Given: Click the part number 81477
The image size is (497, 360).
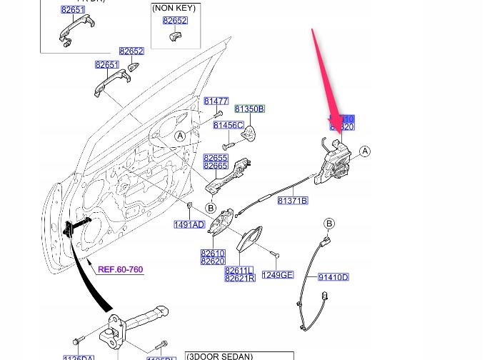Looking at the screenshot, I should pyautogui.click(x=216, y=101).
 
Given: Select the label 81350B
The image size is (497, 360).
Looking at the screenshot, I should pyautogui.click(x=250, y=109).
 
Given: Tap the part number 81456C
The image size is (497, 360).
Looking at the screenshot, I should pyautogui.click(x=229, y=126).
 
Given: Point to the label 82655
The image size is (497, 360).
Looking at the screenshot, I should pyautogui.click(x=215, y=158).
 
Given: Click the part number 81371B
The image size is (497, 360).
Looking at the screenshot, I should pyautogui.click(x=292, y=201).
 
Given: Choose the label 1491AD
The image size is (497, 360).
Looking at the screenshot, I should pyautogui.click(x=189, y=224).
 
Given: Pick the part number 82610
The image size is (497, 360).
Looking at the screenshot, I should pyautogui.click(x=213, y=254).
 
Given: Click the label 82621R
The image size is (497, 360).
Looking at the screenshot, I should pyautogui.click(x=239, y=278).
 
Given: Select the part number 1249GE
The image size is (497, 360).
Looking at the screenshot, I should pyautogui.click(x=277, y=275).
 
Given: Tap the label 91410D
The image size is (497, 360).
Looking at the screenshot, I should pyautogui.click(x=333, y=277).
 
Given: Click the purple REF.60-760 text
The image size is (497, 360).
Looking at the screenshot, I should pyautogui.click(x=120, y=269).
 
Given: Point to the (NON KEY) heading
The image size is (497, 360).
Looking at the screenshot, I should pyautogui.click(x=174, y=8).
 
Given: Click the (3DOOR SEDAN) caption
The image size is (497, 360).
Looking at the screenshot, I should pyautogui.click(x=219, y=356).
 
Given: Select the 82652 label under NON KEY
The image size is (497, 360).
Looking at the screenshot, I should pyautogui.click(x=174, y=21).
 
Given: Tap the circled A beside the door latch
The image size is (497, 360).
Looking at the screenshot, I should pyautogui.click(x=365, y=151).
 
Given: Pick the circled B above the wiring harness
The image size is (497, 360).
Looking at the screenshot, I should pyautogui.click(x=329, y=224).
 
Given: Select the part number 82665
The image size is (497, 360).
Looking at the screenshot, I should pyautogui.click(x=215, y=166).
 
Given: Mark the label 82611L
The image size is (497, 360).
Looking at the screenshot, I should pyautogui.click(x=239, y=271).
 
